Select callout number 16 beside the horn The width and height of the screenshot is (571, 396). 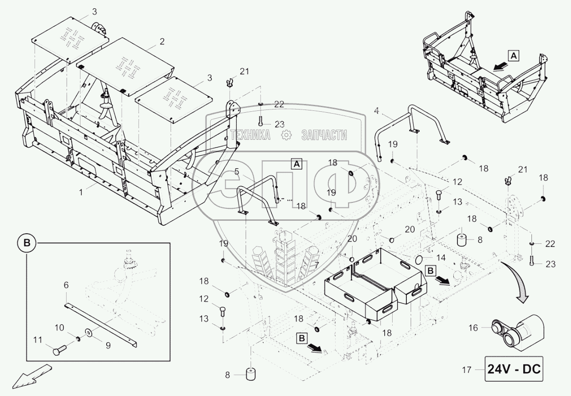coord(474,327)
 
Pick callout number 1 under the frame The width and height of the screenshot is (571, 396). coord(81,193)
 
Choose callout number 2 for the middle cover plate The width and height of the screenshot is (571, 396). coord(162,41)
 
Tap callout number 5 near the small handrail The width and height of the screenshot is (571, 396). coord(237,172)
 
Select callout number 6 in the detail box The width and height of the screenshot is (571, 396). coord(66,285)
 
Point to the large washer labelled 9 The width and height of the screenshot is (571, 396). coord(88,332)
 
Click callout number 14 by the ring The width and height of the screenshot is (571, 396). coord(441,258)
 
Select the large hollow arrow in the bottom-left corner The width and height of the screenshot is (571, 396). coord(31,374)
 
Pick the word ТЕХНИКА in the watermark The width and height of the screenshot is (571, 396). coord(250,135)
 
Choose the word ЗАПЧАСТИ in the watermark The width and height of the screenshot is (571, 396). coord(324,135)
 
